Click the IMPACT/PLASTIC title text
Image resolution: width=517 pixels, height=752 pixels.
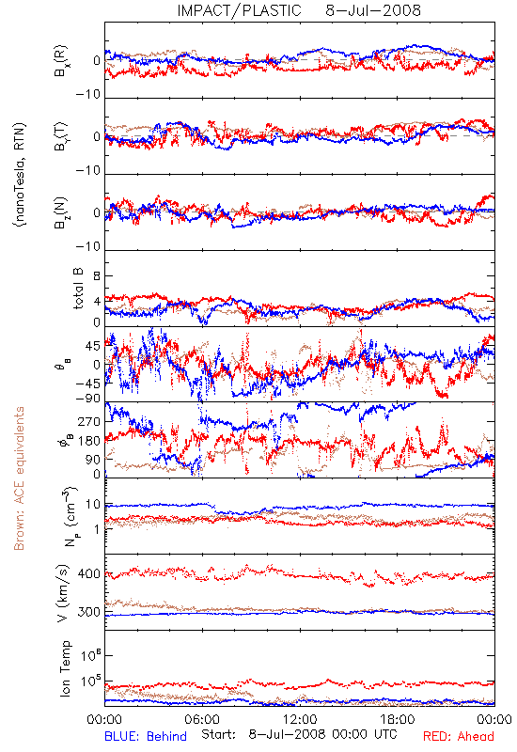tap(239, 10)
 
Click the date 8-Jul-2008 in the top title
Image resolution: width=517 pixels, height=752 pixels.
tap(373, 10)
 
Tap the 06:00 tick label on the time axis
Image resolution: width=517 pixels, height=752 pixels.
tap(202, 719)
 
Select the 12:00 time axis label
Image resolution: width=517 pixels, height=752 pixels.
tap(300, 719)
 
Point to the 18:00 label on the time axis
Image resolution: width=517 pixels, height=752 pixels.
tap(398, 719)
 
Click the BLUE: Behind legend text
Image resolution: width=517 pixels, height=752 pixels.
tap(146, 736)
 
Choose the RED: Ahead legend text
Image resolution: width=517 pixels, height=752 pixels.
tap(459, 736)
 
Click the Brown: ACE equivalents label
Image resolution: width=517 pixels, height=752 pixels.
tap(19, 478)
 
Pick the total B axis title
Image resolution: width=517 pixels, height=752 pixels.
tap(78, 289)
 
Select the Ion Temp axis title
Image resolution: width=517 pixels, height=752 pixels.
tap(65, 668)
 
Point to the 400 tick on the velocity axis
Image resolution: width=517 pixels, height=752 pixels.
tap(89, 573)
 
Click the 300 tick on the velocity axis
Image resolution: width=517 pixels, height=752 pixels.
tap(89, 612)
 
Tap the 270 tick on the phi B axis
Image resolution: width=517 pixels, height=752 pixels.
tap(89, 421)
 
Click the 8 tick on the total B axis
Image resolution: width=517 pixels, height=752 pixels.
tap(97, 276)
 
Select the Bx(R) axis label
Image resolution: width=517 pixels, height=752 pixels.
tap(61, 61)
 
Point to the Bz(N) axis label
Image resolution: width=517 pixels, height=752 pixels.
tap(61, 212)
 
